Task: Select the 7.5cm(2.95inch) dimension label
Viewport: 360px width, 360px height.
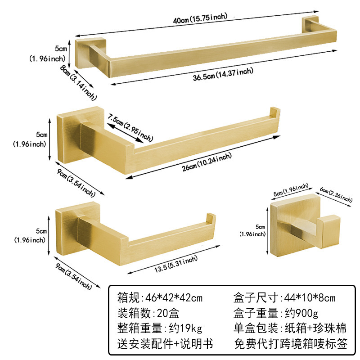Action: tap(130, 127)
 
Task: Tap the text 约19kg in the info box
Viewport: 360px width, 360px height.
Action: tap(185, 329)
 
